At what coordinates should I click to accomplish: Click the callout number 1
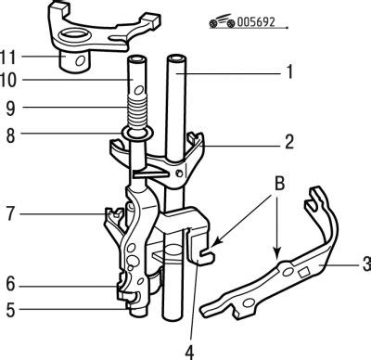(289, 71)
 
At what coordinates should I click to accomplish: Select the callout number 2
(289, 142)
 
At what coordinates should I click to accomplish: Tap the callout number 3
(367, 264)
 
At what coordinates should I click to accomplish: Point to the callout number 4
(190, 352)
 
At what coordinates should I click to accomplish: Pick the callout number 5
(11, 310)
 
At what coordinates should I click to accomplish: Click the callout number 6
(11, 284)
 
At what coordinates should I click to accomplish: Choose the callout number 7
(11, 213)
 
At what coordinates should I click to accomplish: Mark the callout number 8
(11, 135)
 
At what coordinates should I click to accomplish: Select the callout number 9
(11, 109)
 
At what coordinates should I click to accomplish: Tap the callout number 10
(7, 81)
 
